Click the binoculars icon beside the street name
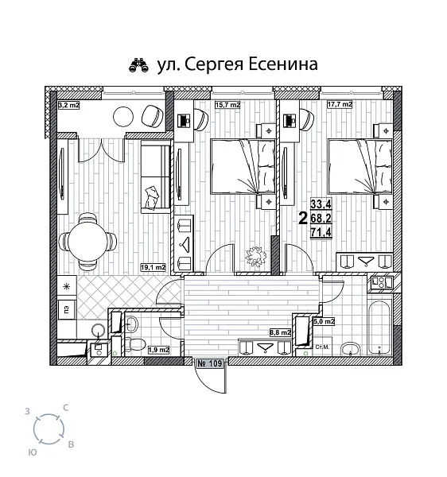139,65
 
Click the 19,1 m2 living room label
153,266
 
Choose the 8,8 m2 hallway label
281,334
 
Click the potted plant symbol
255,256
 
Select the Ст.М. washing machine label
323,347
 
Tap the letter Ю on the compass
31,451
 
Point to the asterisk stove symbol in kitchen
66,285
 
